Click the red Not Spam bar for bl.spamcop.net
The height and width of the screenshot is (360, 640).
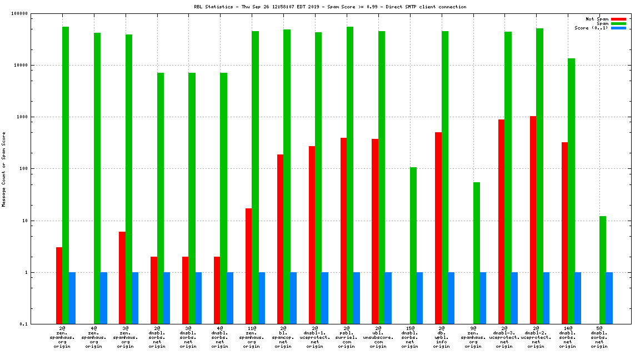point(280,239)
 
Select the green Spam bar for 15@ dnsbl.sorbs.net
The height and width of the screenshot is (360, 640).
point(413,245)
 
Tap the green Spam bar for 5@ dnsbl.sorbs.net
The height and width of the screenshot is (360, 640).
point(603,270)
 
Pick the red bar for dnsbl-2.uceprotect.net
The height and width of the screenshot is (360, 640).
point(533,219)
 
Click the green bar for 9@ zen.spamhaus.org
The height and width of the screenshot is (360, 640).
point(476,253)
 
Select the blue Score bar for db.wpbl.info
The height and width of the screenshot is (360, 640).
point(451,298)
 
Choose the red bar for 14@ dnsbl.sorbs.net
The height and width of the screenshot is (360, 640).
point(564,233)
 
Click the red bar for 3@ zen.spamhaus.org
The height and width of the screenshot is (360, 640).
point(122,277)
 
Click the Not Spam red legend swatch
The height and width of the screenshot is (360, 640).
point(618,19)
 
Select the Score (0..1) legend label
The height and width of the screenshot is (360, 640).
point(591,28)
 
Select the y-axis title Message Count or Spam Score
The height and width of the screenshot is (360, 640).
point(4,169)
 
